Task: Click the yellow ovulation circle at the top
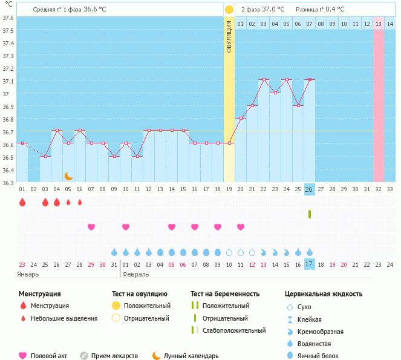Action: pos(229,10)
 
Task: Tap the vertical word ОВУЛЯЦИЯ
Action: pos(229,36)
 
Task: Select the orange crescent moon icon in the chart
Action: pos(69,176)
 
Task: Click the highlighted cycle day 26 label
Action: pos(309,189)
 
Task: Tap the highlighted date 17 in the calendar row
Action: pos(309,264)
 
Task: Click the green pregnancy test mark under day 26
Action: pos(309,214)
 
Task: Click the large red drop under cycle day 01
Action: pos(22,202)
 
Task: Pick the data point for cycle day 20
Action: pos(240,118)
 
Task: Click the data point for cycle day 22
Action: pos(263,80)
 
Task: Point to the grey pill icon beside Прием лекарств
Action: pos(84,356)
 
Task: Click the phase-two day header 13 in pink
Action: pos(378,24)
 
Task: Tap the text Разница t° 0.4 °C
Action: pos(320,10)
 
